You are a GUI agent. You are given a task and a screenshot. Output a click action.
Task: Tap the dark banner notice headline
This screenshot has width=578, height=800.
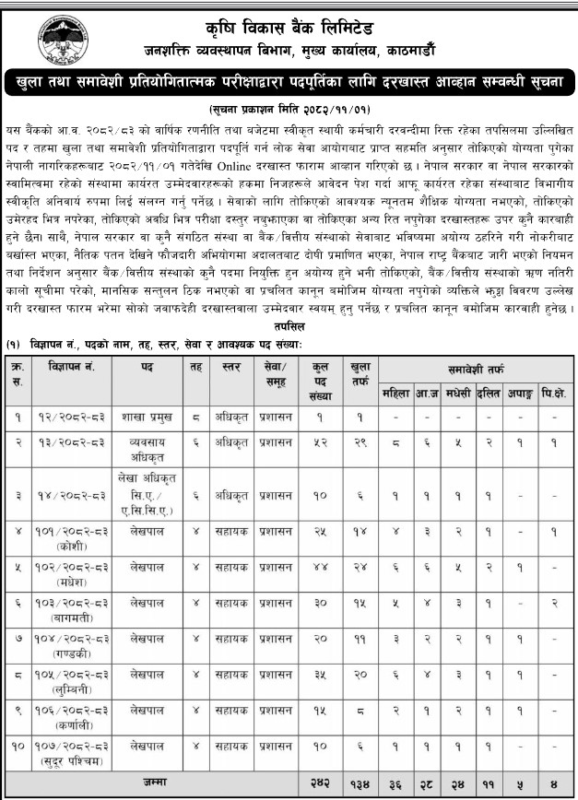[289, 83]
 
